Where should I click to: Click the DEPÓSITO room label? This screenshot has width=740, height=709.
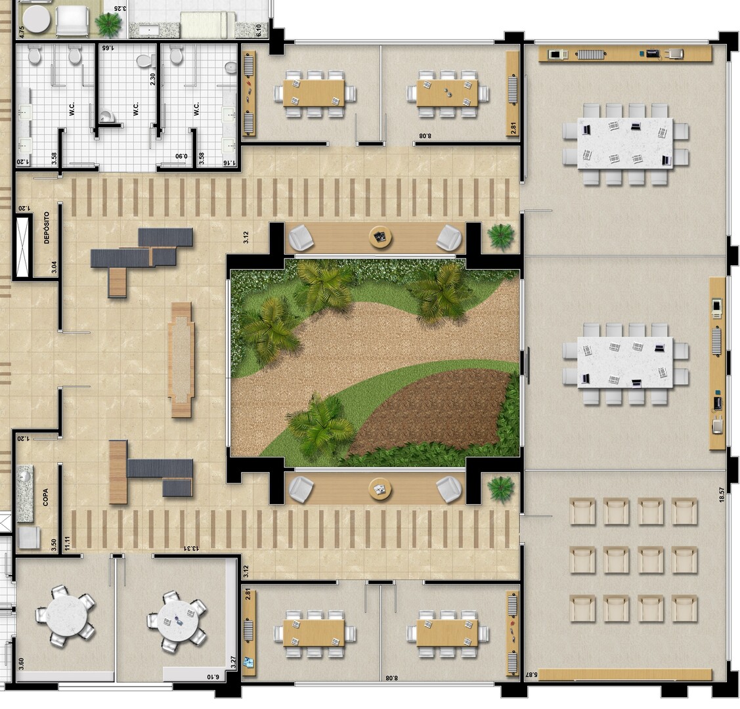click(x=46, y=227)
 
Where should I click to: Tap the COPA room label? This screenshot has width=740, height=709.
click(x=46, y=497)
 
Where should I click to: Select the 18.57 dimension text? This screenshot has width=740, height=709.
click(x=721, y=495)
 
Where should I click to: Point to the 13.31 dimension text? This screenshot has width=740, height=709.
click(x=191, y=548)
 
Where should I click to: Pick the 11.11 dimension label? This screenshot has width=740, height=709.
click(x=68, y=543)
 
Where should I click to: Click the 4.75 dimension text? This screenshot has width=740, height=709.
click(x=21, y=32)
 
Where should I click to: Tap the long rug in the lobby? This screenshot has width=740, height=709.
click(x=181, y=360)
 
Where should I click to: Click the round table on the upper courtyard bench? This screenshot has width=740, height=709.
click(x=380, y=237)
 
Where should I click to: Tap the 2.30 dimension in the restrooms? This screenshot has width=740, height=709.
click(x=152, y=79)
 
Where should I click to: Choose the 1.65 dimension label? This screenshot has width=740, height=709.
click(x=108, y=48)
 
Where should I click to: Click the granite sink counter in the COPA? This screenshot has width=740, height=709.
click(x=25, y=494)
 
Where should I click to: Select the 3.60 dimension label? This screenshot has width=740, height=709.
click(x=21, y=664)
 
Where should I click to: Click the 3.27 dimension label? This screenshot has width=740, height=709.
click(x=233, y=663)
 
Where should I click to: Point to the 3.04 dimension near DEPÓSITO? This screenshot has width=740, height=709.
click(x=54, y=267)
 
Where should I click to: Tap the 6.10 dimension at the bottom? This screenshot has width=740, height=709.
click(x=213, y=677)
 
